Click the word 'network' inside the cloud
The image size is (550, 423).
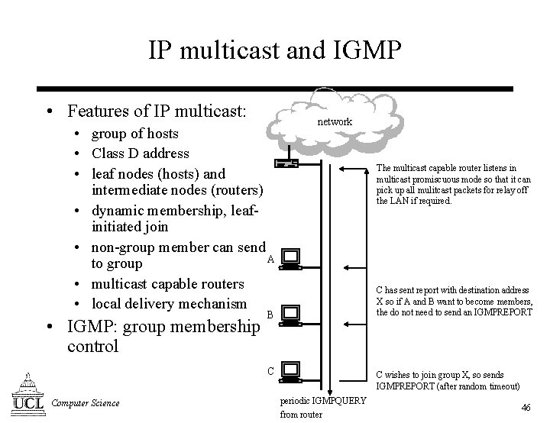pyautogui.click(x=335, y=121)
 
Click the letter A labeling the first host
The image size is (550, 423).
pyautogui.click(x=270, y=259)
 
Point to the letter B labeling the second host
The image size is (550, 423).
pyautogui.click(x=270, y=314)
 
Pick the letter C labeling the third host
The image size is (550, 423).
pyautogui.click(x=270, y=372)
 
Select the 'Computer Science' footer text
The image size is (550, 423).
pyautogui.click(x=85, y=402)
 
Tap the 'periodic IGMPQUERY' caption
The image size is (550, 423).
pyautogui.click(x=323, y=402)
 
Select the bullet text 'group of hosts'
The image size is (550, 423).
pyautogui.click(x=134, y=134)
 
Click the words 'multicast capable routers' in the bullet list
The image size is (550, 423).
pyautogui.click(x=167, y=284)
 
